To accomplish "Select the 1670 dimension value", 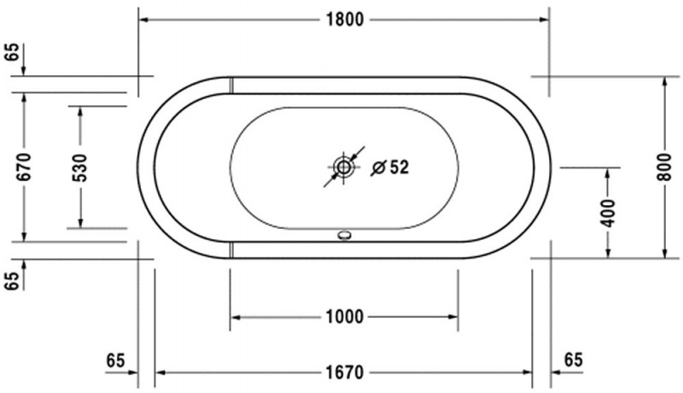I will [344, 372].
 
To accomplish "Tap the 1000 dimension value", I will [344, 317].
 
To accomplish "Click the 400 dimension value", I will [607, 210].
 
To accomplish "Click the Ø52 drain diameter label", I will [390, 167].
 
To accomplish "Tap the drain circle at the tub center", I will [344, 167].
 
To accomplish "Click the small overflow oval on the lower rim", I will [344, 237].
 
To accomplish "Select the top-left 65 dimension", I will [11, 51].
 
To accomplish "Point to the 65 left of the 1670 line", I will [116, 360].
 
